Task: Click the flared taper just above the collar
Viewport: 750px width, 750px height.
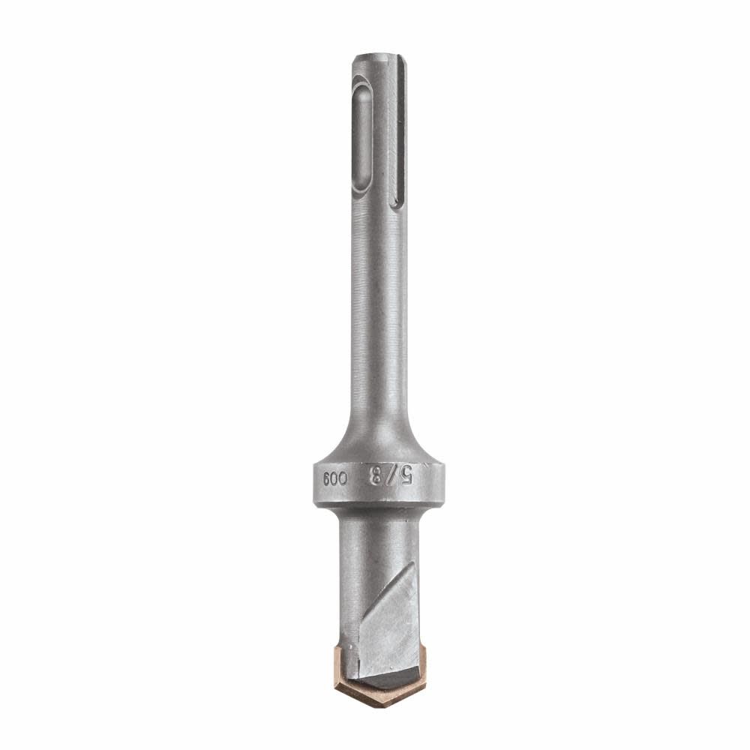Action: (x=379, y=439)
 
